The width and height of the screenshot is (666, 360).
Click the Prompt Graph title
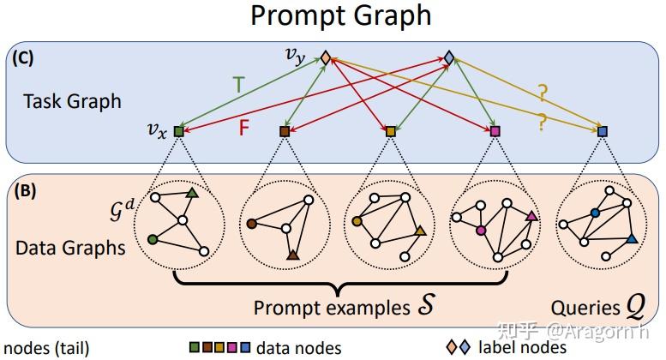(x=340, y=15)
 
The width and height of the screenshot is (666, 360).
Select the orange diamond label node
(x=326, y=58)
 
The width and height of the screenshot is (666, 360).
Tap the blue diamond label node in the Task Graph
(x=449, y=58)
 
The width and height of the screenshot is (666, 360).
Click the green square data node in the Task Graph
(x=178, y=131)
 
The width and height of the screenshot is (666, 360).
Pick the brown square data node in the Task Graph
(x=285, y=131)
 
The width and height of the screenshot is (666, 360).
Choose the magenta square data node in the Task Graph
(x=494, y=131)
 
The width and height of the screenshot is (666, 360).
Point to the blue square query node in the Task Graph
(x=602, y=131)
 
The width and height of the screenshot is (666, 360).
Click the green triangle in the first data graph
(x=193, y=195)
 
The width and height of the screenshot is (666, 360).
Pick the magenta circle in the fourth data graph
(x=481, y=231)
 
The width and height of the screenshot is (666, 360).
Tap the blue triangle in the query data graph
(x=631, y=240)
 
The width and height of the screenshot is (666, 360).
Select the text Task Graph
(x=72, y=101)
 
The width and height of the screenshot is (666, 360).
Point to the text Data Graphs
(x=71, y=249)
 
